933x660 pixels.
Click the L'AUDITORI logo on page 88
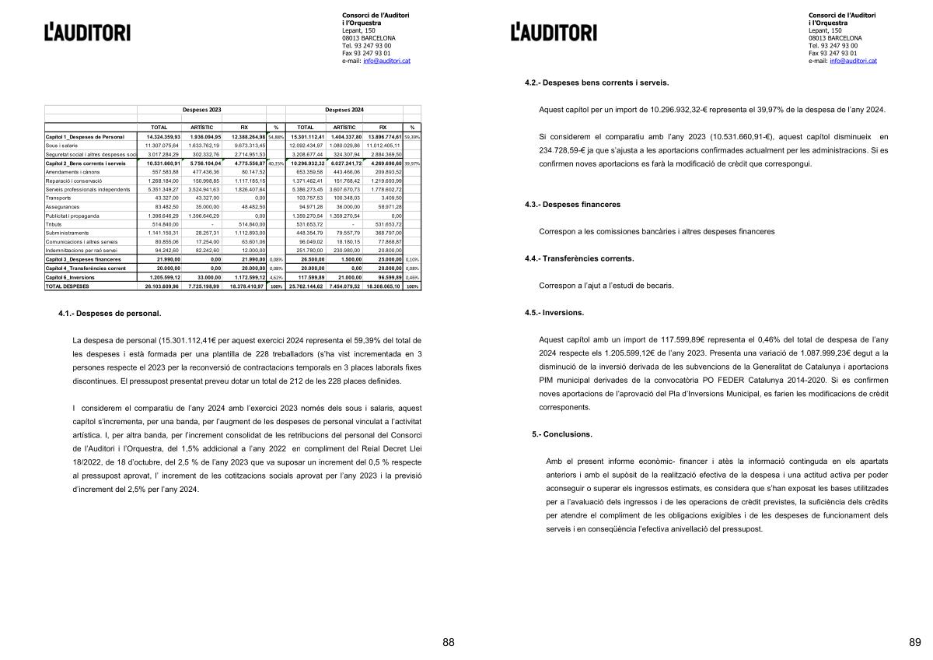tap(87, 32)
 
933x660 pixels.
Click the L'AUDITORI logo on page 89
tap(554, 32)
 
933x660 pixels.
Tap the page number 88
tap(449, 642)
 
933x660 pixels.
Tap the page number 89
tap(914, 642)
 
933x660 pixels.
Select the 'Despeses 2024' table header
tap(344, 110)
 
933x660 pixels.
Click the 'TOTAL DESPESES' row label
tap(68, 286)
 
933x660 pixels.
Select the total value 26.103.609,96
tap(162, 286)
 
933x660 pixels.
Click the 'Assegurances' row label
tap(63, 206)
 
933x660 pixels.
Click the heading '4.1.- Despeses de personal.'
tap(110, 314)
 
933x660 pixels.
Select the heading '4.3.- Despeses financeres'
tap(572, 205)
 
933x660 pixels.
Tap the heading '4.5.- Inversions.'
tap(554, 312)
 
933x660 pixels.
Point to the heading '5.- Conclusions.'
tap(562, 434)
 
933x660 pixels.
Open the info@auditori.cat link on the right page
tap(853, 60)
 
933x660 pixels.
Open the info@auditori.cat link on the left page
tap(386, 60)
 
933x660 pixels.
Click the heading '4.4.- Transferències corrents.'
tap(579, 258)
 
